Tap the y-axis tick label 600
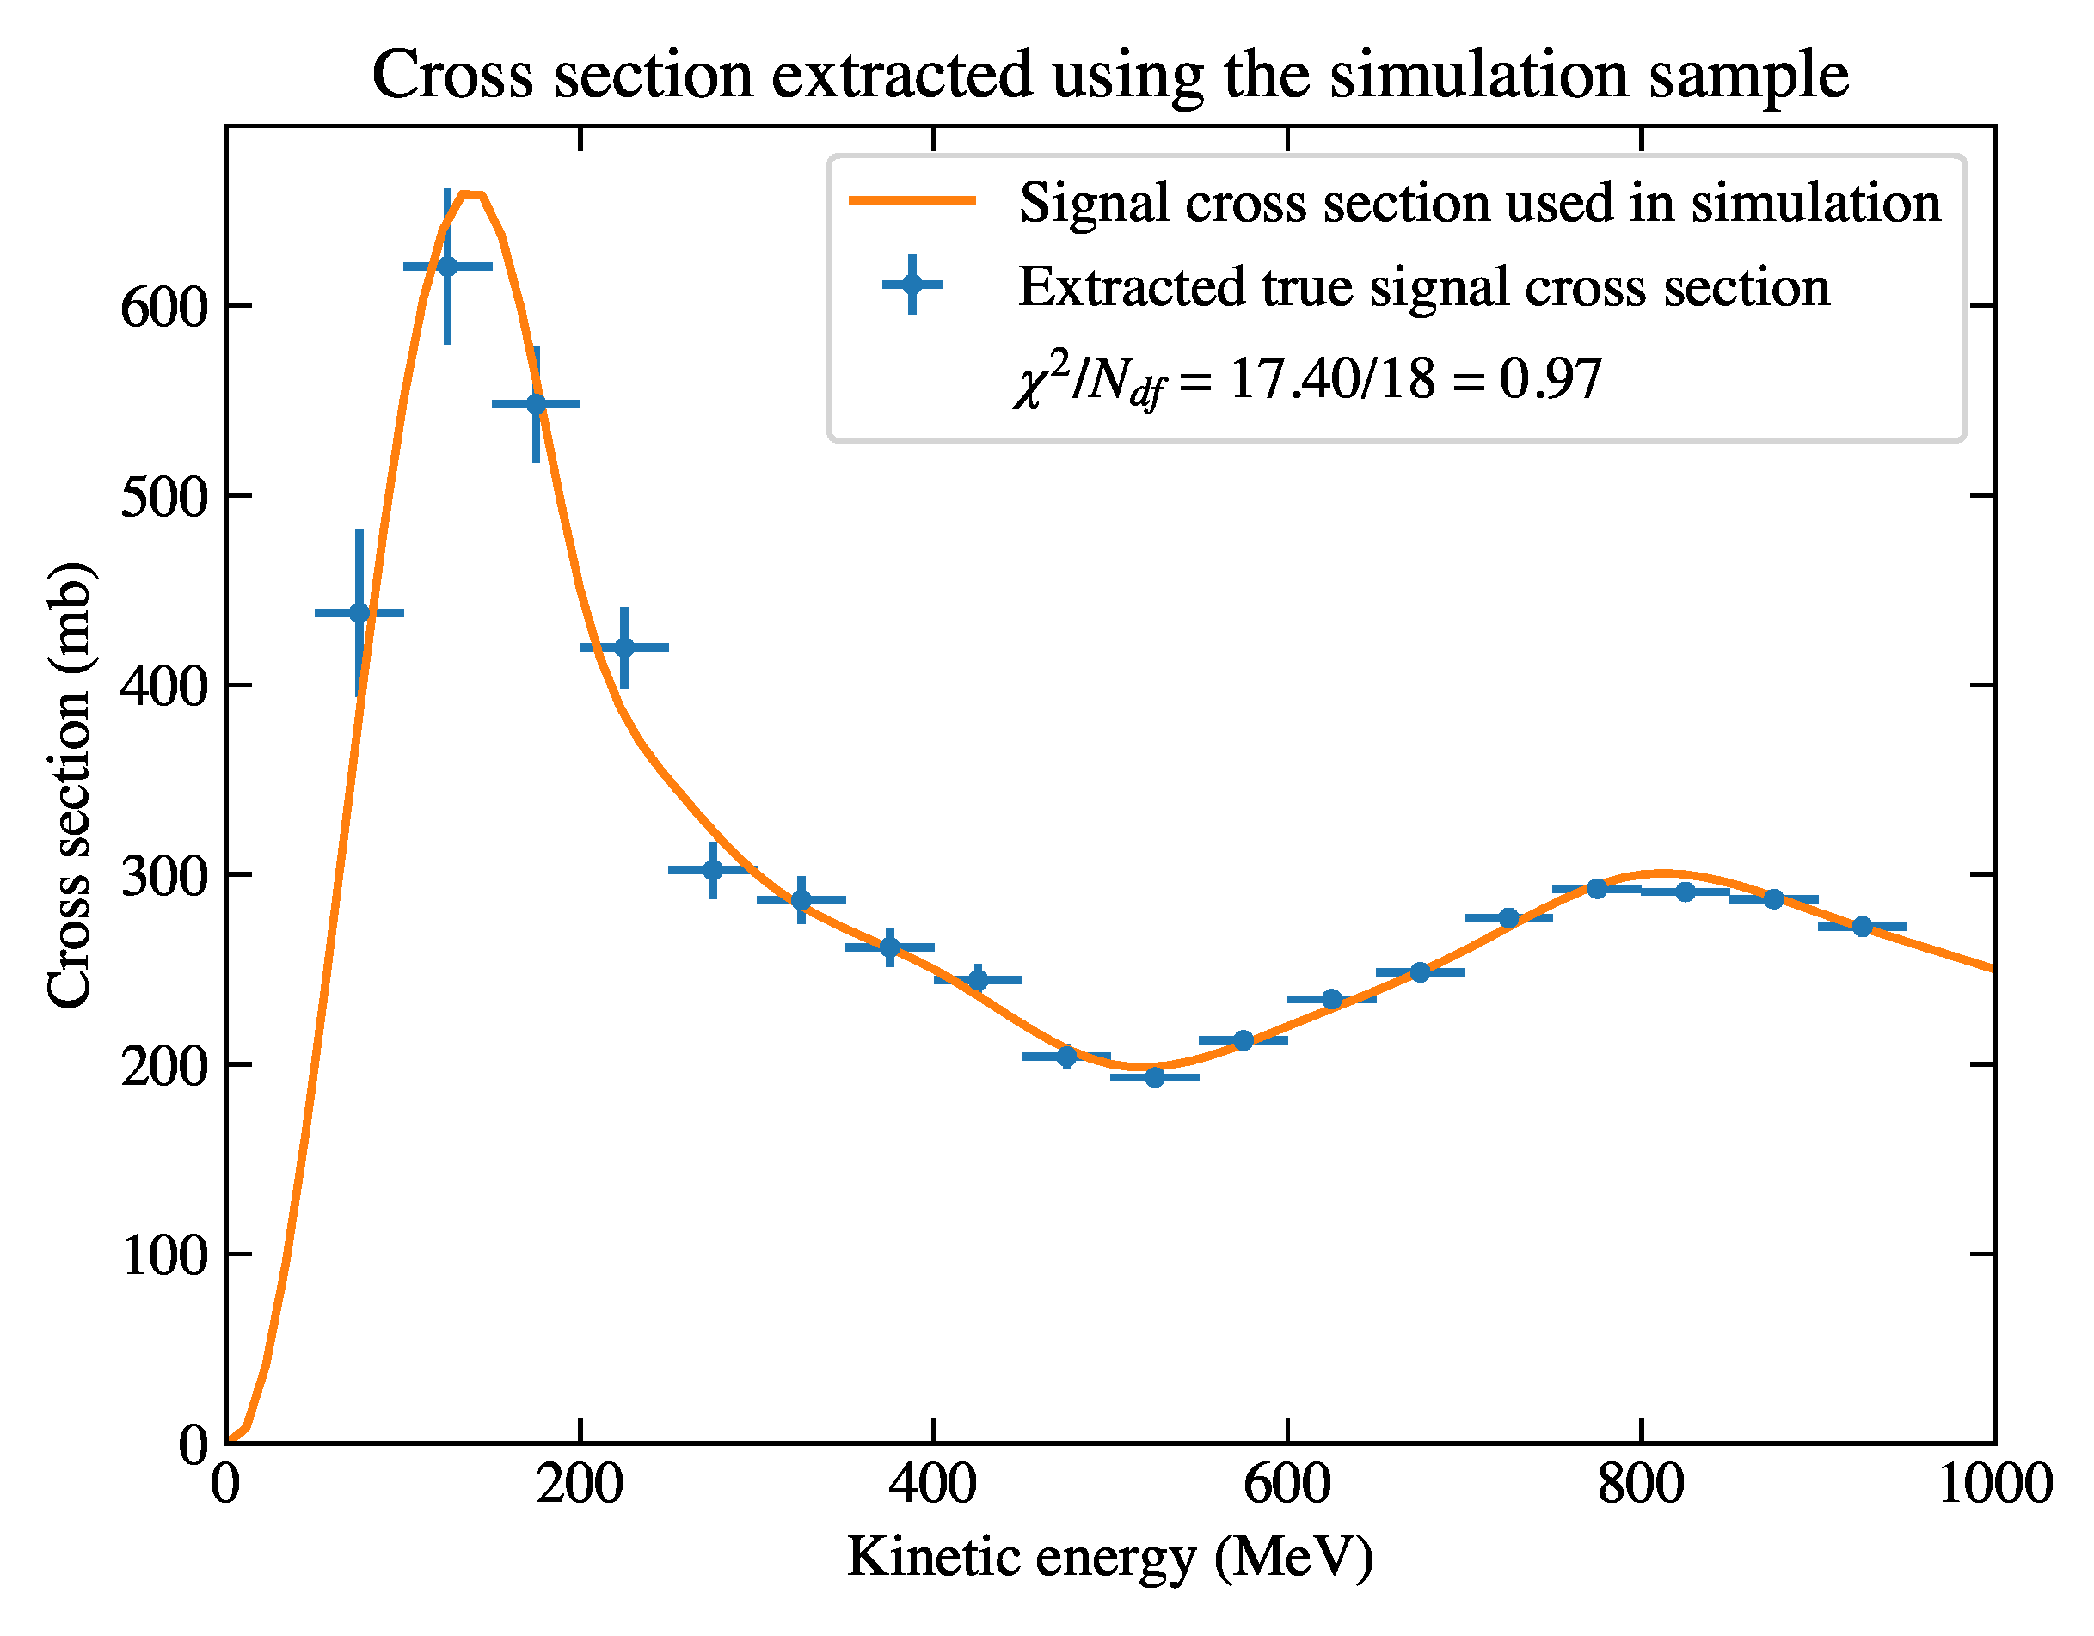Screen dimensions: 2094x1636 164,309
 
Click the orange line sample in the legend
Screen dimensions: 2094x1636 912,200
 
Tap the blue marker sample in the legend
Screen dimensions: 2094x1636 912,284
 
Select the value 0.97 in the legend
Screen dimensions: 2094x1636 1551,378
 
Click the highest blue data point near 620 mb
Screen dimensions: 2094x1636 448,267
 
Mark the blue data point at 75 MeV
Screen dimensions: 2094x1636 359,613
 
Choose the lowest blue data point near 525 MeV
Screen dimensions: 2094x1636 1154,1078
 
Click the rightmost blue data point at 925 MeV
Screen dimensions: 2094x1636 1862,927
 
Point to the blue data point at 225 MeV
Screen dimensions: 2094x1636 624,648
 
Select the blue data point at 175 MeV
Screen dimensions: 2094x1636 536,404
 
